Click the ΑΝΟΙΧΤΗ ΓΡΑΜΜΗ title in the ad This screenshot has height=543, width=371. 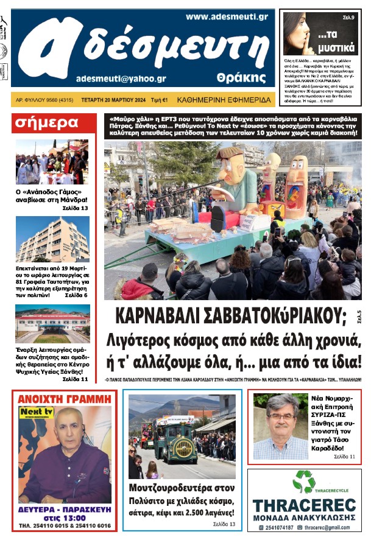point(64,399)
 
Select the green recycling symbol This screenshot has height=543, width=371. point(304,482)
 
